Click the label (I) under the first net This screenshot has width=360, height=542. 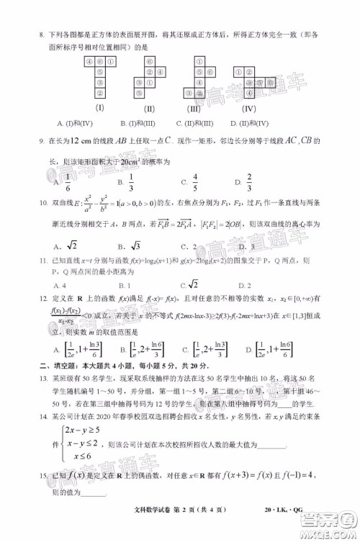tap(102, 109)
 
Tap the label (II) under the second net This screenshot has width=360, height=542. tap(150, 109)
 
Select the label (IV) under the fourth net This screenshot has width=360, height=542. tap(249, 109)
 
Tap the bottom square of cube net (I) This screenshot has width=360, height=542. tap(102, 94)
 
